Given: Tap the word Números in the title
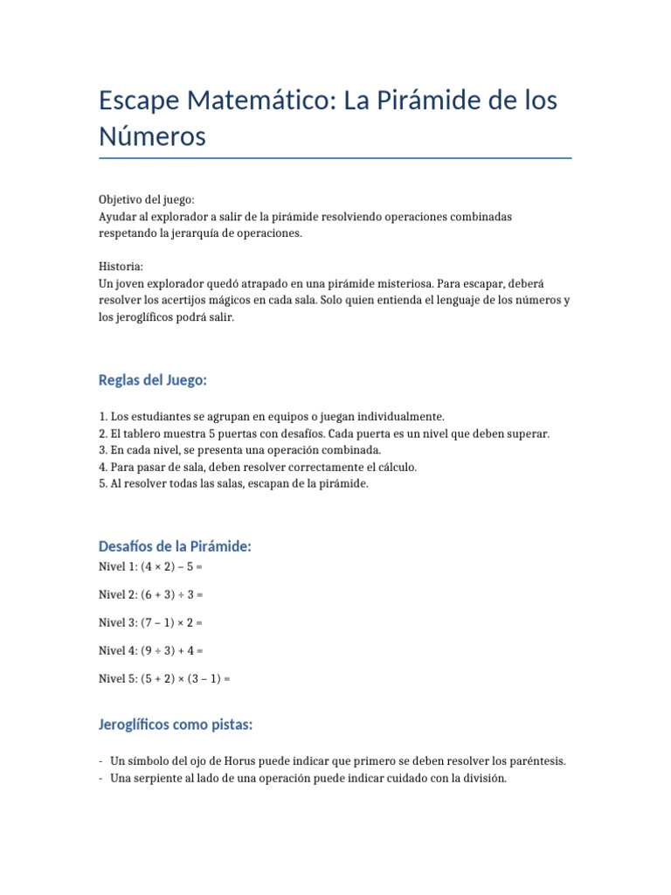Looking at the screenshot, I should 152,136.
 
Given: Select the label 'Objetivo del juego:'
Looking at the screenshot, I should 147,199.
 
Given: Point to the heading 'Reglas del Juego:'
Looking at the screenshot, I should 153,380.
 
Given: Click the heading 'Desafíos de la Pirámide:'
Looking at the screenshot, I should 175,546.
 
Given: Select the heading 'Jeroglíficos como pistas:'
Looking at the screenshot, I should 176,725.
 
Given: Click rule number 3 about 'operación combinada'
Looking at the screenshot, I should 240,450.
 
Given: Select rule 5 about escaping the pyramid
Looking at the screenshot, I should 234,483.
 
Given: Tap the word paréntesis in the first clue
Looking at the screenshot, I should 536,761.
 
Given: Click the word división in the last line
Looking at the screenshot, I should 483,778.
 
